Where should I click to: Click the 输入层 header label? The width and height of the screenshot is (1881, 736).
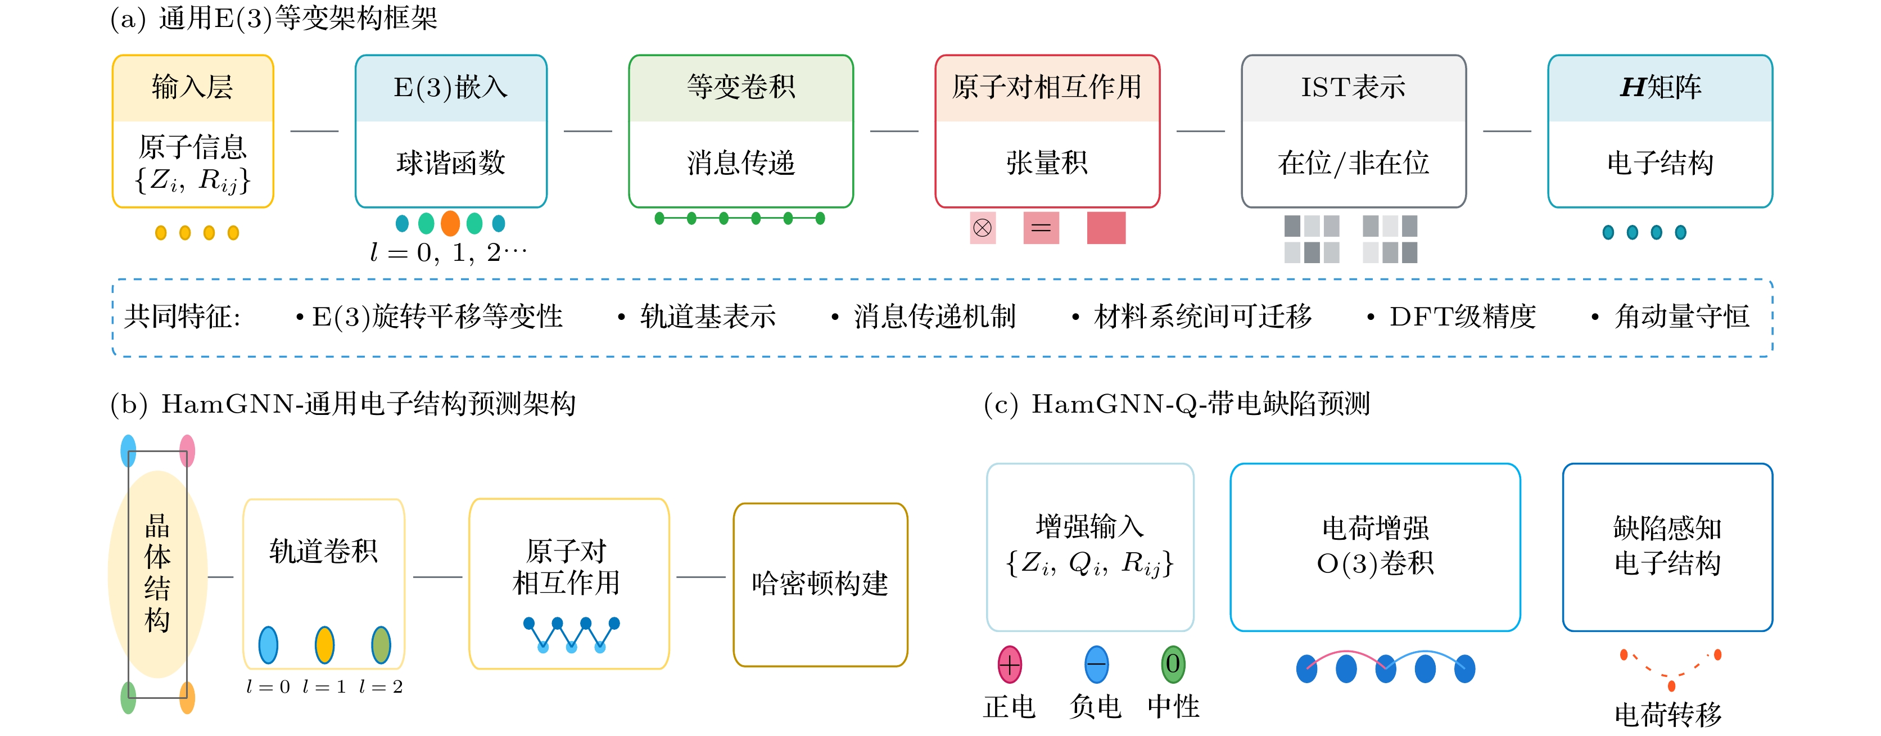[x=193, y=88]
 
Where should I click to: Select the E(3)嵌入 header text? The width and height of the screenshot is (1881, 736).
[x=450, y=88]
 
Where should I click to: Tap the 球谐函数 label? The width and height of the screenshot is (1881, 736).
[x=450, y=162]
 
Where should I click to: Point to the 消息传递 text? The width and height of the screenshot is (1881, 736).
[x=740, y=162]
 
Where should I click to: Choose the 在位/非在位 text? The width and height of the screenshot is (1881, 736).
[x=1353, y=162]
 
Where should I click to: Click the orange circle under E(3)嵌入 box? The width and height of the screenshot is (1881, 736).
[x=450, y=223]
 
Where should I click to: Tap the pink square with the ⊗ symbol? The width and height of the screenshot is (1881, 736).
[x=983, y=228]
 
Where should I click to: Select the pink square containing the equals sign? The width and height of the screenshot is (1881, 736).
[x=1041, y=228]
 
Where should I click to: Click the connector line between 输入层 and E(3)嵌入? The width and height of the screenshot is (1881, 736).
[x=315, y=132]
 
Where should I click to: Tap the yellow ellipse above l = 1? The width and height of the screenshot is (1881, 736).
[x=324, y=645]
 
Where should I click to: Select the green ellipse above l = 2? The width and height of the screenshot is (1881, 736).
[x=381, y=645]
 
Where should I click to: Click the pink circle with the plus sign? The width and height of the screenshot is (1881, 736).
[x=1010, y=665]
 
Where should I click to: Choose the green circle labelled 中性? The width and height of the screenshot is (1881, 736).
[x=1173, y=665]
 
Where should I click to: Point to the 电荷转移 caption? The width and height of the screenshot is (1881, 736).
[x=1668, y=714]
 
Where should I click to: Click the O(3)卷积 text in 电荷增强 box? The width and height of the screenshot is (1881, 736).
[x=1375, y=563]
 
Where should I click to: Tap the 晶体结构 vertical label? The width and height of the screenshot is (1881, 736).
[x=158, y=573]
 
